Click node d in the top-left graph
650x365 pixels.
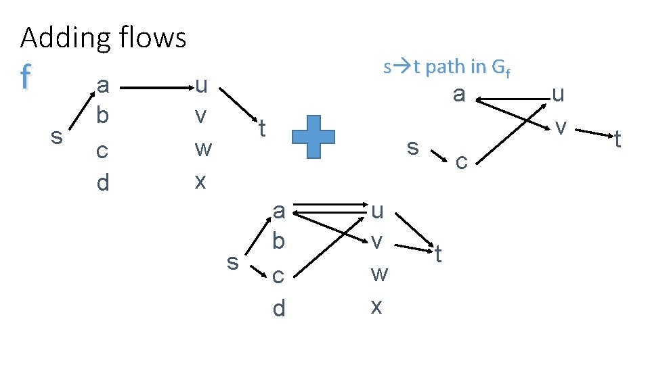102,182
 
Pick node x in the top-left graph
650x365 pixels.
200,181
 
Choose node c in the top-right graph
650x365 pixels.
461,162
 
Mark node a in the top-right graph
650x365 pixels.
459,94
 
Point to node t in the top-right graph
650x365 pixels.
617,140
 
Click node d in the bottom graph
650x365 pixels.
278,309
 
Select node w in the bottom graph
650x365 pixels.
379,274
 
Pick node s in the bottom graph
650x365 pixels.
233,261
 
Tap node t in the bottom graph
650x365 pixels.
438,254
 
